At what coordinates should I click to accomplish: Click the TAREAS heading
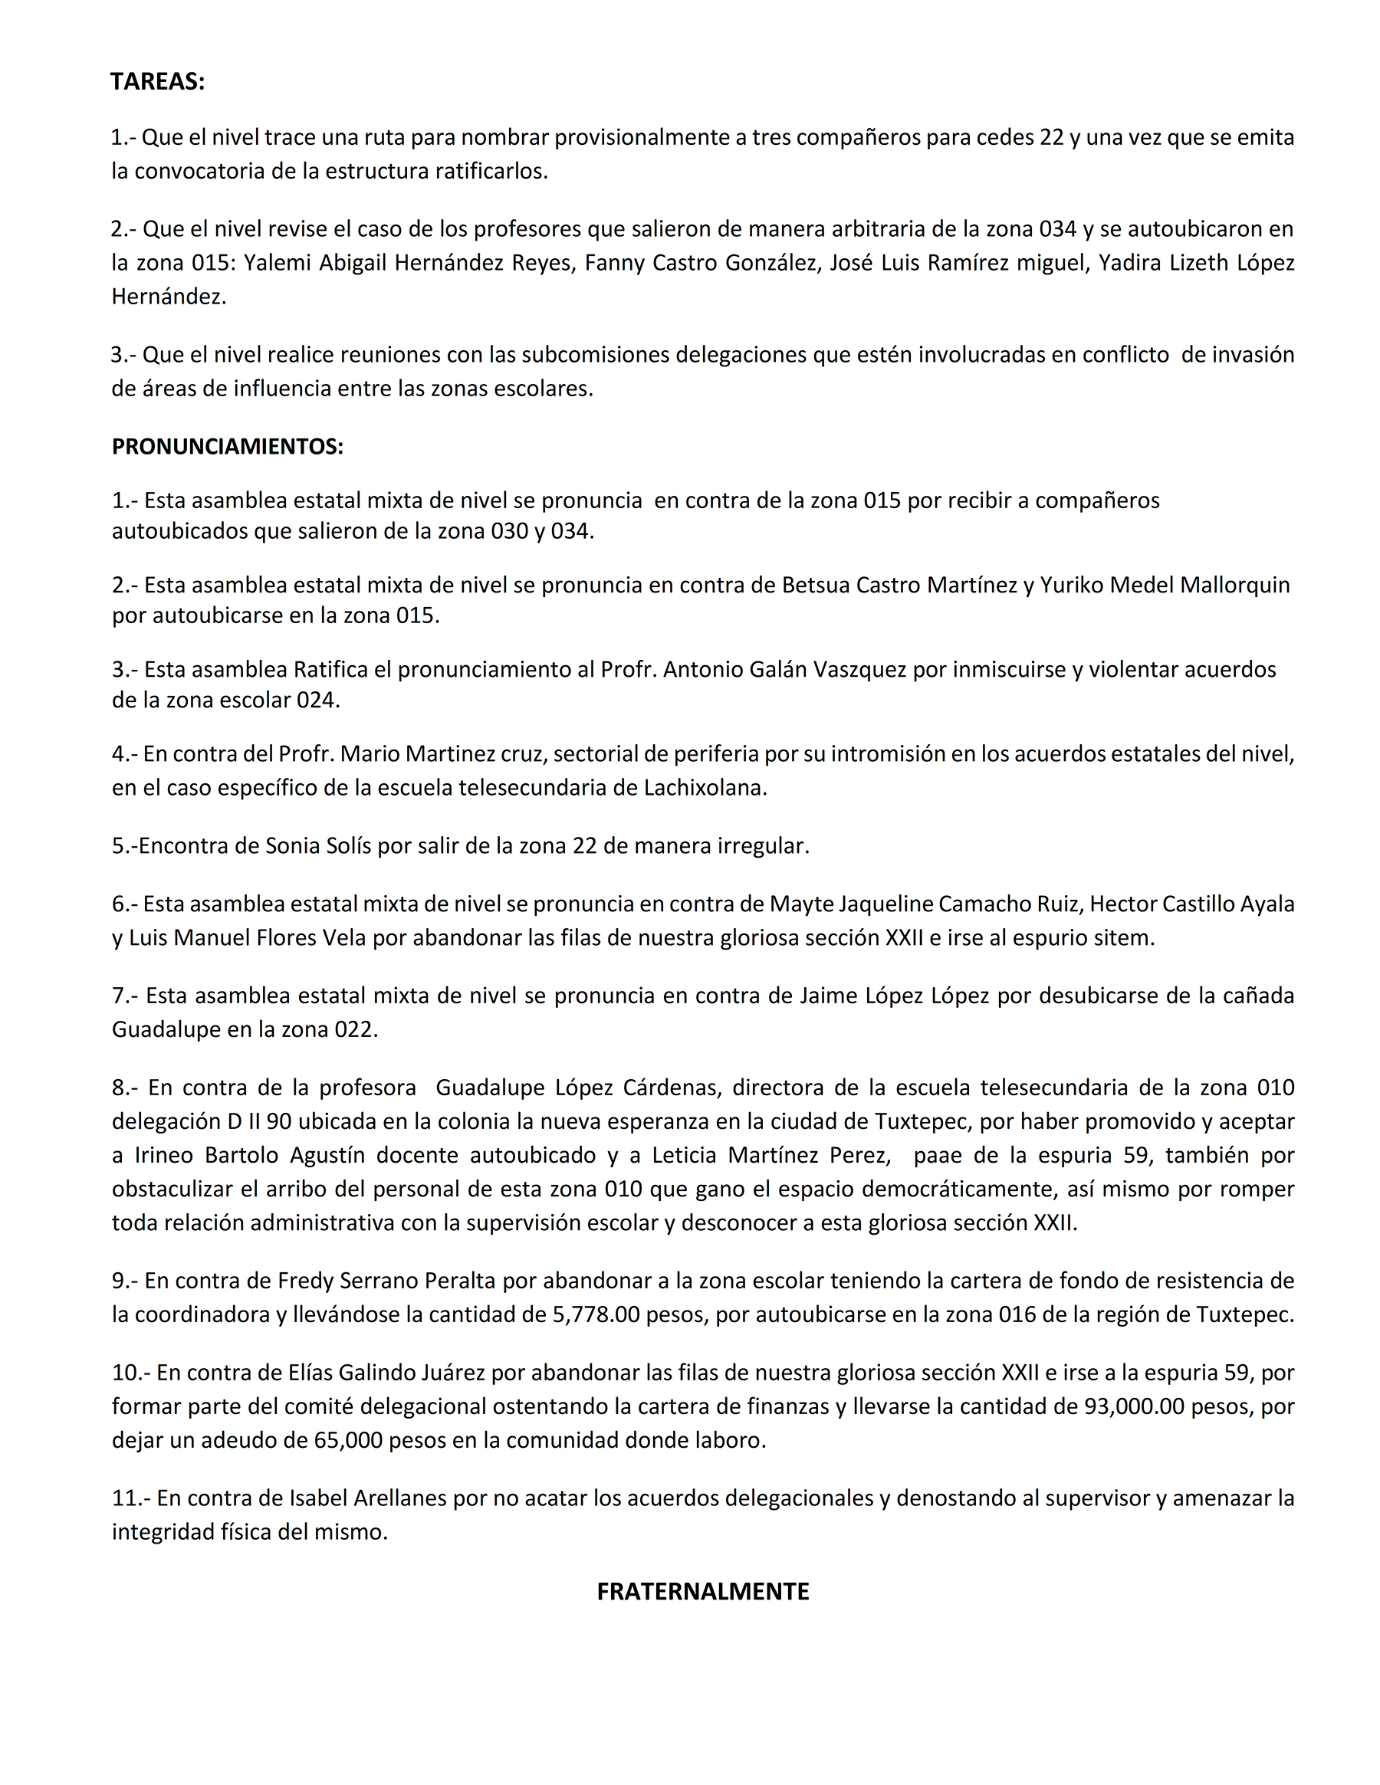157,82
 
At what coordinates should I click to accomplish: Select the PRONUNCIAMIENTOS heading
227,446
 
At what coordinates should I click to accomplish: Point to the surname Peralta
455,1280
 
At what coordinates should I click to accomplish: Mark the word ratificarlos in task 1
491,171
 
